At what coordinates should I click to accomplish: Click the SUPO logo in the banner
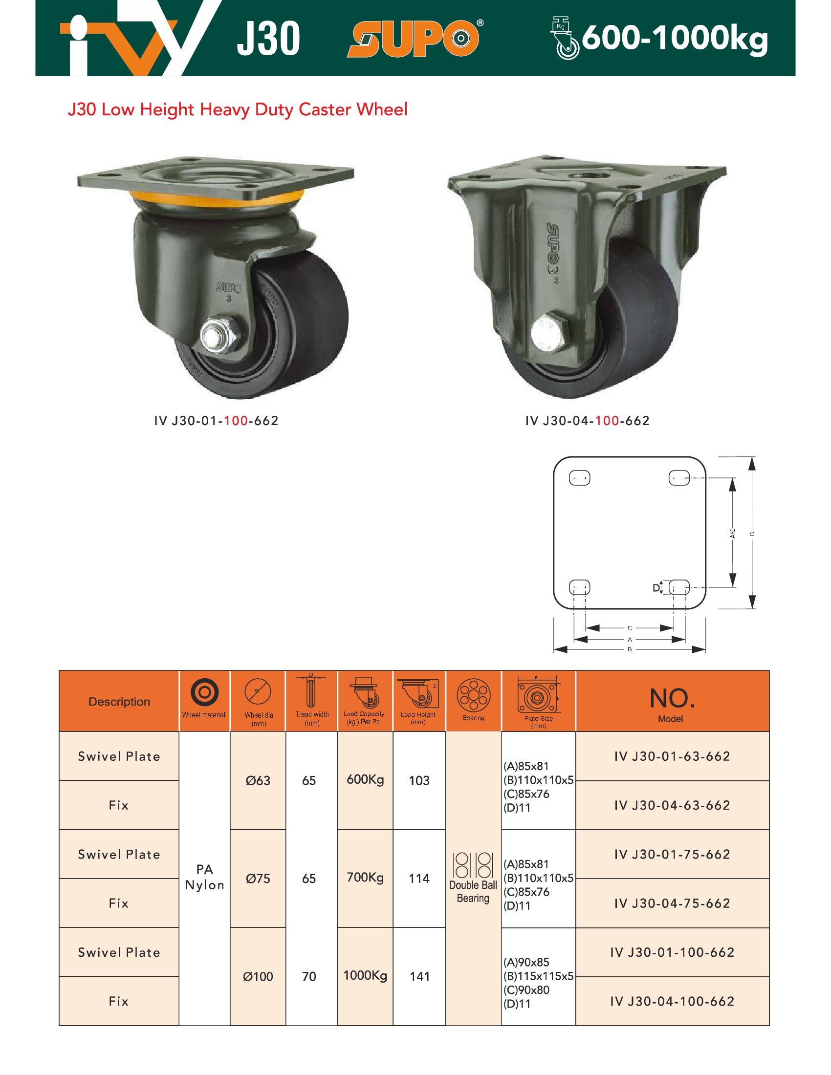click(x=415, y=39)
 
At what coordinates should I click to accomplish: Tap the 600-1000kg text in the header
click(x=675, y=38)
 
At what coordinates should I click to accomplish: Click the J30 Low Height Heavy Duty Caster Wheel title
click(x=237, y=109)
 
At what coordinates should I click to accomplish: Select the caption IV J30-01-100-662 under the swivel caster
click(x=216, y=421)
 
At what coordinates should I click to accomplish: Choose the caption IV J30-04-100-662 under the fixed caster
click(x=587, y=421)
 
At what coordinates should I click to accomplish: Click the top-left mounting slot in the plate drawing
click(x=579, y=478)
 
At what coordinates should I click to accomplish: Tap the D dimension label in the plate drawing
click(x=656, y=588)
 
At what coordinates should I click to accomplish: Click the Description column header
click(x=119, y=701)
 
